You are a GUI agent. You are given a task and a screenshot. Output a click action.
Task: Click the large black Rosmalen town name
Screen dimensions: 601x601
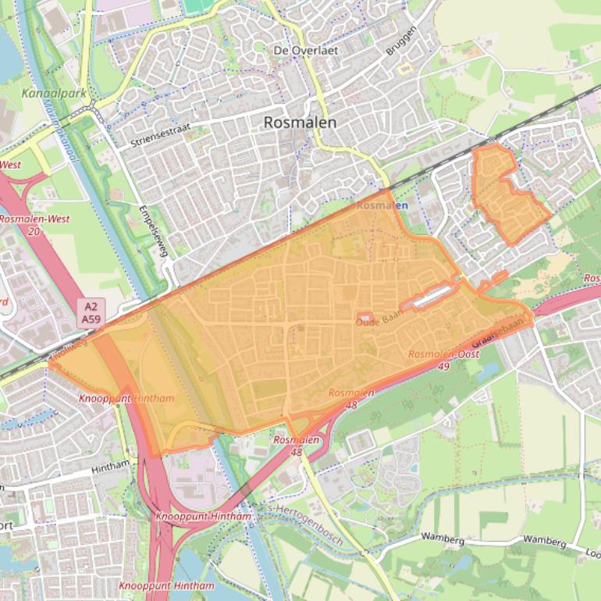300,123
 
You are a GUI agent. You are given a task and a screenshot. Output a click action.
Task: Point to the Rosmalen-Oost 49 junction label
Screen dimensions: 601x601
443,360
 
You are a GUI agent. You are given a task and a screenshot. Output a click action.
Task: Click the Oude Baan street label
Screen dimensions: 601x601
377,322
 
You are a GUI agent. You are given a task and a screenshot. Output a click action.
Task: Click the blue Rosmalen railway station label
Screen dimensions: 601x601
382,205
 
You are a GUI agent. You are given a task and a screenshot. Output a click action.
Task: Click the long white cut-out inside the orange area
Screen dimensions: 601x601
429,297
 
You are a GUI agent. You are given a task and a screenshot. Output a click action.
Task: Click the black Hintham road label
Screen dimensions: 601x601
110,466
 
